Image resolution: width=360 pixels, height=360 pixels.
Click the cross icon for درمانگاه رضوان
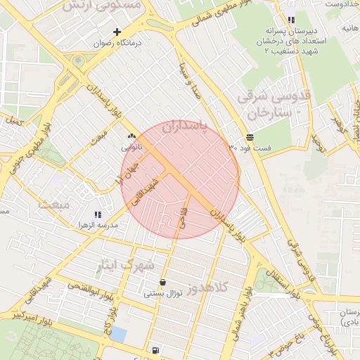(117, 32)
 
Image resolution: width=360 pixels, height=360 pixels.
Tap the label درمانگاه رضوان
(120, 43)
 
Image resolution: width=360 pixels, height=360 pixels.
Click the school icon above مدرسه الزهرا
(97, 214)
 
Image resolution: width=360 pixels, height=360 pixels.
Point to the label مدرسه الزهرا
(97, 225)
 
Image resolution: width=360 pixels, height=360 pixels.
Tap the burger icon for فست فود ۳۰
(250, 137)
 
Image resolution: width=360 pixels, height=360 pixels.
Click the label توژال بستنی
(163, 293)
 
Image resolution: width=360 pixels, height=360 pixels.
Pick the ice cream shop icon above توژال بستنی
(163, 282)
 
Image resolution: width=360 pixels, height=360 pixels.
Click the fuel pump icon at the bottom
(155, 350)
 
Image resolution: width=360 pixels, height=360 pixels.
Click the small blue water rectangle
(118, 335)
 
